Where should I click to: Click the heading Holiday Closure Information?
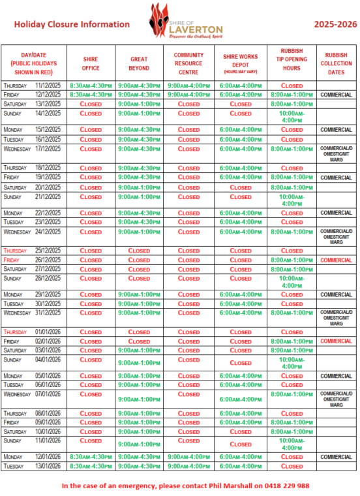72,24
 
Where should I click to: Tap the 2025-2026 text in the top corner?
335,24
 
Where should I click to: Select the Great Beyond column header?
140,63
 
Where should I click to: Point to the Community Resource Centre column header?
188,63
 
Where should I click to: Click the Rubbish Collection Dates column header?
336,63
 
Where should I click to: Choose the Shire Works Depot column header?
241,63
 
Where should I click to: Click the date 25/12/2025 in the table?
48,251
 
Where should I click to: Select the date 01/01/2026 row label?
48,332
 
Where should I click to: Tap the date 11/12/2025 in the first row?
48,85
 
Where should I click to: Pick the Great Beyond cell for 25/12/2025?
140,251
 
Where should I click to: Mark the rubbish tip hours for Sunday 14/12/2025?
292,116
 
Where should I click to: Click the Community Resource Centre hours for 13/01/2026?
188,466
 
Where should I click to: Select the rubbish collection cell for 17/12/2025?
336,153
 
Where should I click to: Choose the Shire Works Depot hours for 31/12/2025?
241,313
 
